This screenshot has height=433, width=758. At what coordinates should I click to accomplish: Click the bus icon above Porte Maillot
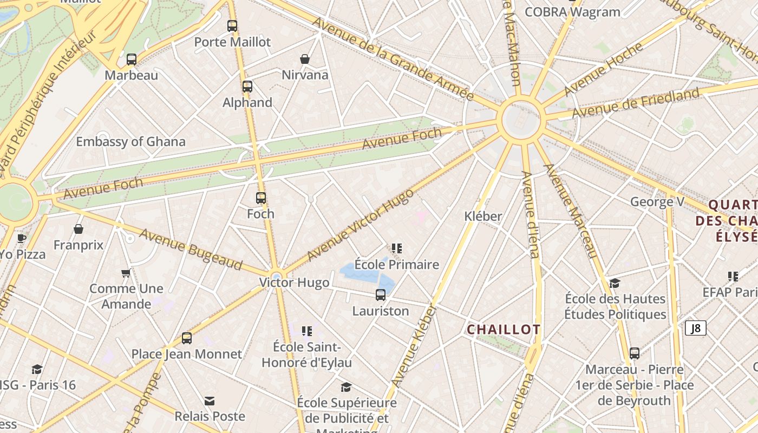[232, 25]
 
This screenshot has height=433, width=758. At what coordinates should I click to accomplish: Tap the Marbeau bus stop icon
[132, 60]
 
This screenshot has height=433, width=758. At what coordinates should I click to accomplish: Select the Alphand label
[247, 102]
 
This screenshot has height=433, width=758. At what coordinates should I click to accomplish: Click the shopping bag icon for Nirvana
[305, 59]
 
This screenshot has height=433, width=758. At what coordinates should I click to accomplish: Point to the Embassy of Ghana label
[130, 142]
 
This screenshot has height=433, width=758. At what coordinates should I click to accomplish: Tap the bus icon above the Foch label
[261, 198]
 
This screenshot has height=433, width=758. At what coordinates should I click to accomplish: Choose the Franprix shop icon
[79, 229]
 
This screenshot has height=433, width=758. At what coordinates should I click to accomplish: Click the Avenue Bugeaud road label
[191, 250]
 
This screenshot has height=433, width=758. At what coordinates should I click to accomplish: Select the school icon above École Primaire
[397, 248]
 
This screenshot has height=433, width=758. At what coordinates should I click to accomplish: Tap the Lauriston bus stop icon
[381, 295]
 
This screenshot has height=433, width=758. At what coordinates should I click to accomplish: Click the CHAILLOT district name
[504, 330]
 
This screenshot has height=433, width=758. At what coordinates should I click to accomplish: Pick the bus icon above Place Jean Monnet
[187, 338]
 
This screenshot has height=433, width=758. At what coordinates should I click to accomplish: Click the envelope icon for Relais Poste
[210, 401]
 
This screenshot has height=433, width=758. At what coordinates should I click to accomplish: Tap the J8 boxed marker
[696, 328]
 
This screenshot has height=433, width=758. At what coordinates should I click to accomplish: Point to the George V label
[657, 202]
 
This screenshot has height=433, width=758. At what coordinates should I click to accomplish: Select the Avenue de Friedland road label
[636, 103]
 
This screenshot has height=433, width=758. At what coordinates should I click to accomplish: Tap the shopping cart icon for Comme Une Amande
[126, 273]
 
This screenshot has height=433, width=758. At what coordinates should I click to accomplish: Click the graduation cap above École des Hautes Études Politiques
[615, 284]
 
